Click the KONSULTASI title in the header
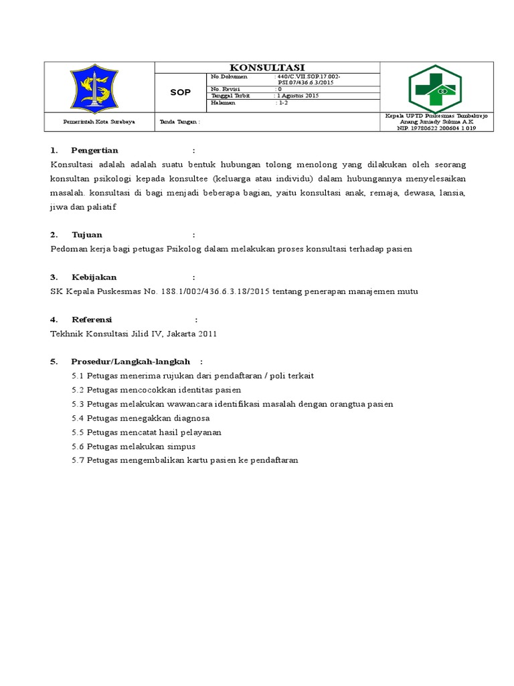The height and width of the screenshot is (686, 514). coord(267,67)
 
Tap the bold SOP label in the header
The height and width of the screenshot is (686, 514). coord(181,92)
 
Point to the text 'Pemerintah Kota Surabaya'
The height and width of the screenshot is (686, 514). coord(99,122)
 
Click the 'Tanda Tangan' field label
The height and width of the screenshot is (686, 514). coord(180,122)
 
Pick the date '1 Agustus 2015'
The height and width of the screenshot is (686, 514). coord(298,96)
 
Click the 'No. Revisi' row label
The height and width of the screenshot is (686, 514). coord(224,89)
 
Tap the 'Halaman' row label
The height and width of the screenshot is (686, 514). coord(222,103)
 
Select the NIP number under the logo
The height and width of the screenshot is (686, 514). coord(436,128)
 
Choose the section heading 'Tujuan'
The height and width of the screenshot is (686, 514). coord(87,234)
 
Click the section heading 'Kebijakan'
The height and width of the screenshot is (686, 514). coord(94,277)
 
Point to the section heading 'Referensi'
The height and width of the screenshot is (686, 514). coord(92,320)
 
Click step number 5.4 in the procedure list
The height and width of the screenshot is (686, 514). coord(78,418)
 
